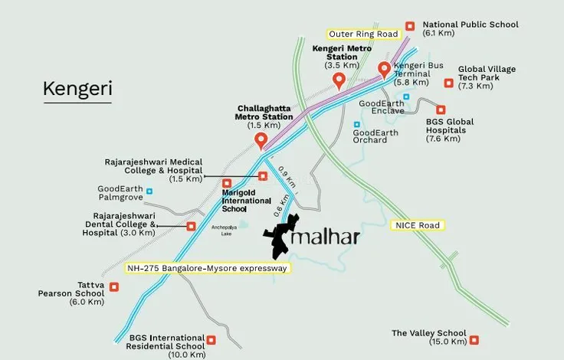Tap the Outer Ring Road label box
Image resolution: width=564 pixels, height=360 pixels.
click(362, 34)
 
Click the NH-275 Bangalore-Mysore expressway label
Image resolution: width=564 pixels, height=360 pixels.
click(207, 268)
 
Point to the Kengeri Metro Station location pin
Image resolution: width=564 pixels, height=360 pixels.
click(336, 81)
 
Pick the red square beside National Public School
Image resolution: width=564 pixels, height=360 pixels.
click(410, 25)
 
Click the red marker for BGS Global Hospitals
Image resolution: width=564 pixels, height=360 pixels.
click(440, 110)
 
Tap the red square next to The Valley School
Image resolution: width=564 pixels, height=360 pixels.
click(474, 339)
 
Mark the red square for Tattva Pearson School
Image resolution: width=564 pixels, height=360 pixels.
click(114, 287)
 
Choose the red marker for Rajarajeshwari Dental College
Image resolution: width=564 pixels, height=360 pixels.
click(191, 226)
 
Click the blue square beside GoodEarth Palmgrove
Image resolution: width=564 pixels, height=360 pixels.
click(149, 191)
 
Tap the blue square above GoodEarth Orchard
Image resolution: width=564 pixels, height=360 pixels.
click(356, 124)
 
